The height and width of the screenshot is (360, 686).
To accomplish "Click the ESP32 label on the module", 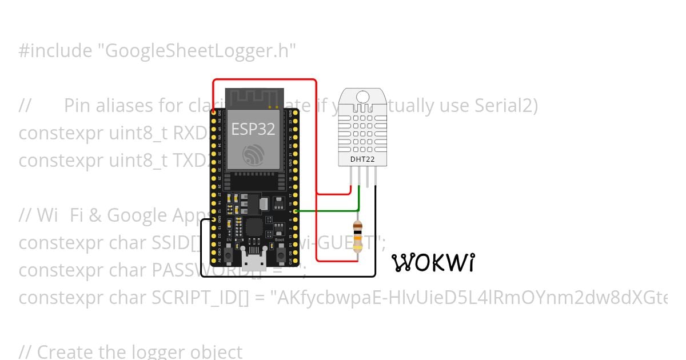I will pyautogui.click(x=253, y=129).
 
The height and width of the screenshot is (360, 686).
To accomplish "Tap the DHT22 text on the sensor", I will pyautogui.click(x=362, y=159).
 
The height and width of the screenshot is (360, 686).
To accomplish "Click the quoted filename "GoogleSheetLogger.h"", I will pyautogui.click(x=197, y=51).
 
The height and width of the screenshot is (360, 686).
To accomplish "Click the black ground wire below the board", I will pyautogui.click(x=286, y=277).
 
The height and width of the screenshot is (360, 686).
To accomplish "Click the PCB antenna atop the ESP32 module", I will pyautogui.click(x=253, y=98).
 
